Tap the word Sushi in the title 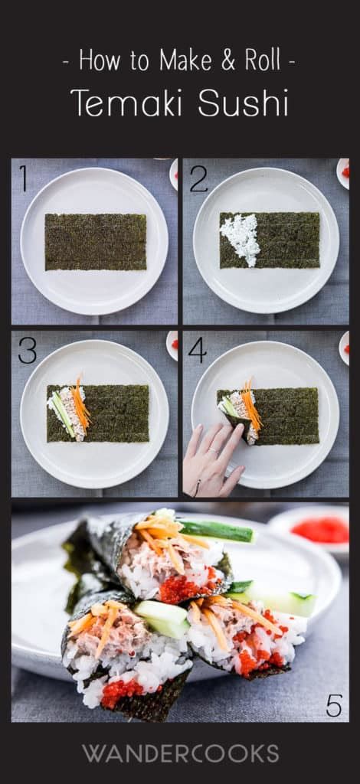tap(244, 103)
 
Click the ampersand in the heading tap(228, 61)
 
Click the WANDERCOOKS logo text tap(180, 753)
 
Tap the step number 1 tap(23, 178)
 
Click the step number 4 tap(197, 350)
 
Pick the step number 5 tap(334, 705)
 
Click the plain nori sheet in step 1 tap(96, 242)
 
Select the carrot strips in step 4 tap(251, 404)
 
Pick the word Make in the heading tap(186, 61)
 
